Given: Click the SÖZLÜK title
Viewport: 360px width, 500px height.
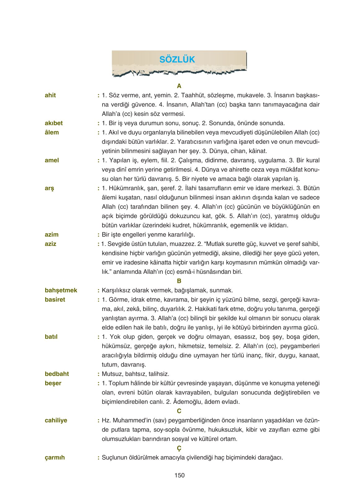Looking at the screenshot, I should click(x=177, y=59).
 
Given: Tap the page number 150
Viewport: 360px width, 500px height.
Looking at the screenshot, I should click(x=179, y=475).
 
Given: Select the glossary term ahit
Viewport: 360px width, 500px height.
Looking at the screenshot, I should click(x=50, y=95).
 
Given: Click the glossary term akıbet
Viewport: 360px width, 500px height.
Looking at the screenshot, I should click(x=54, y=123).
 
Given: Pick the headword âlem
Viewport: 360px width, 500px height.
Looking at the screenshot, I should click(x=51, y=133).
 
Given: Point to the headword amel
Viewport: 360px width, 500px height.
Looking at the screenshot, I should click(x=52, y=160).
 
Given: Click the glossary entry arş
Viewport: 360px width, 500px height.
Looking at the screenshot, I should click(x=49, y=188).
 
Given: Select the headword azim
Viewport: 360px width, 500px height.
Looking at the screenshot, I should click(x=51, y=235).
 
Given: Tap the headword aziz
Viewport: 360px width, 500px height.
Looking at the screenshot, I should click(x=50, y=244).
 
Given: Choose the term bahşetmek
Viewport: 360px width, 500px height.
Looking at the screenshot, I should click(x=61, y=290).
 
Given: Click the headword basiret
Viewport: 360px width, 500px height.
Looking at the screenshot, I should click(x=55, y=300).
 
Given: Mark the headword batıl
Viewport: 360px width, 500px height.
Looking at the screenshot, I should click(x=51, y=337).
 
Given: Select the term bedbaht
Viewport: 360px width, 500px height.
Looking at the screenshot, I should click(x=57, y=374).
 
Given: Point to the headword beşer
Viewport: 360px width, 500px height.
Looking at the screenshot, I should click(x=53, y=383).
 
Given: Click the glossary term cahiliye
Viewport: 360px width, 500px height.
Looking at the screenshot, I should click(x=56, y=420).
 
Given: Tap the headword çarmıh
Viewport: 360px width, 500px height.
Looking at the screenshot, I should click(x=55, y=458).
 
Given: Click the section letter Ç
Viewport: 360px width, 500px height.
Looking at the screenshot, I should click(x=179, y=448).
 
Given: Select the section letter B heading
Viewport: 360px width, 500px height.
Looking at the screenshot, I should click(x=179, y=281).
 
